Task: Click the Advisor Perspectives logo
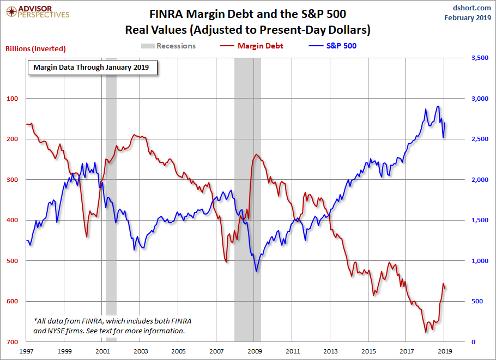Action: click(x=37, y=11)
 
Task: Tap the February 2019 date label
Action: click(x=467, y=17)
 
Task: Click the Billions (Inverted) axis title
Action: click(x=35, y=48)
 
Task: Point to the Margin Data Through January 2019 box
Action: click(x=92, y=68)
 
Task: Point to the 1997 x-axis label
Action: click(x=27, y=352)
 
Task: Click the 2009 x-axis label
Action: click(x=254, y=352)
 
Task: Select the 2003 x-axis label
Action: click(x=141, y=352)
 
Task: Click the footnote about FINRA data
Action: click(x=112, y=326)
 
